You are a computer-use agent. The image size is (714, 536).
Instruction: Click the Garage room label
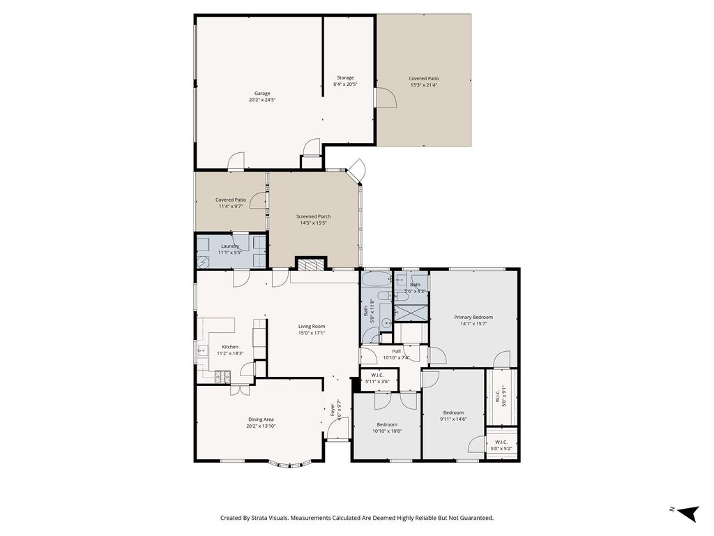(x=262, y=94)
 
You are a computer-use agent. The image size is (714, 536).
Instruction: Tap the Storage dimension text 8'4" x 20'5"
(x=345, y=84)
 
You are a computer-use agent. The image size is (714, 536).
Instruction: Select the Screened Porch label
(x=313, y=216)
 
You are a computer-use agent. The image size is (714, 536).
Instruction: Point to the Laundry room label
(x=230, y=246)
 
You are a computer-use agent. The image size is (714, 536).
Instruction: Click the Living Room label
(x=312, y=327)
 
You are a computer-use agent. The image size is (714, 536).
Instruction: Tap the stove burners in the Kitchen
(x=222, y=376)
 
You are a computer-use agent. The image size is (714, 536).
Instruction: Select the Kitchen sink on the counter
(x=202, y=350)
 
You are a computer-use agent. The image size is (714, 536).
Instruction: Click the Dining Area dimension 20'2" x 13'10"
(x=261, y=426)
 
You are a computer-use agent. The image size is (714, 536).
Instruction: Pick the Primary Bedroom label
(x=473, y=318)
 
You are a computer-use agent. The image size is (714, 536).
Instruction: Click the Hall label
(x=397, y=352)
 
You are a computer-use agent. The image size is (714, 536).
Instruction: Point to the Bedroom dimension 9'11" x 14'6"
(x=453, y=419)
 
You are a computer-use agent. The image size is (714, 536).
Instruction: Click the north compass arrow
(x=688, y=512)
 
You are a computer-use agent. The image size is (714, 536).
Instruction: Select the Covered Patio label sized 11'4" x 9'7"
(x=231, y=200)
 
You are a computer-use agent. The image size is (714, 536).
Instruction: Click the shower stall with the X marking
(x=411, y=313)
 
